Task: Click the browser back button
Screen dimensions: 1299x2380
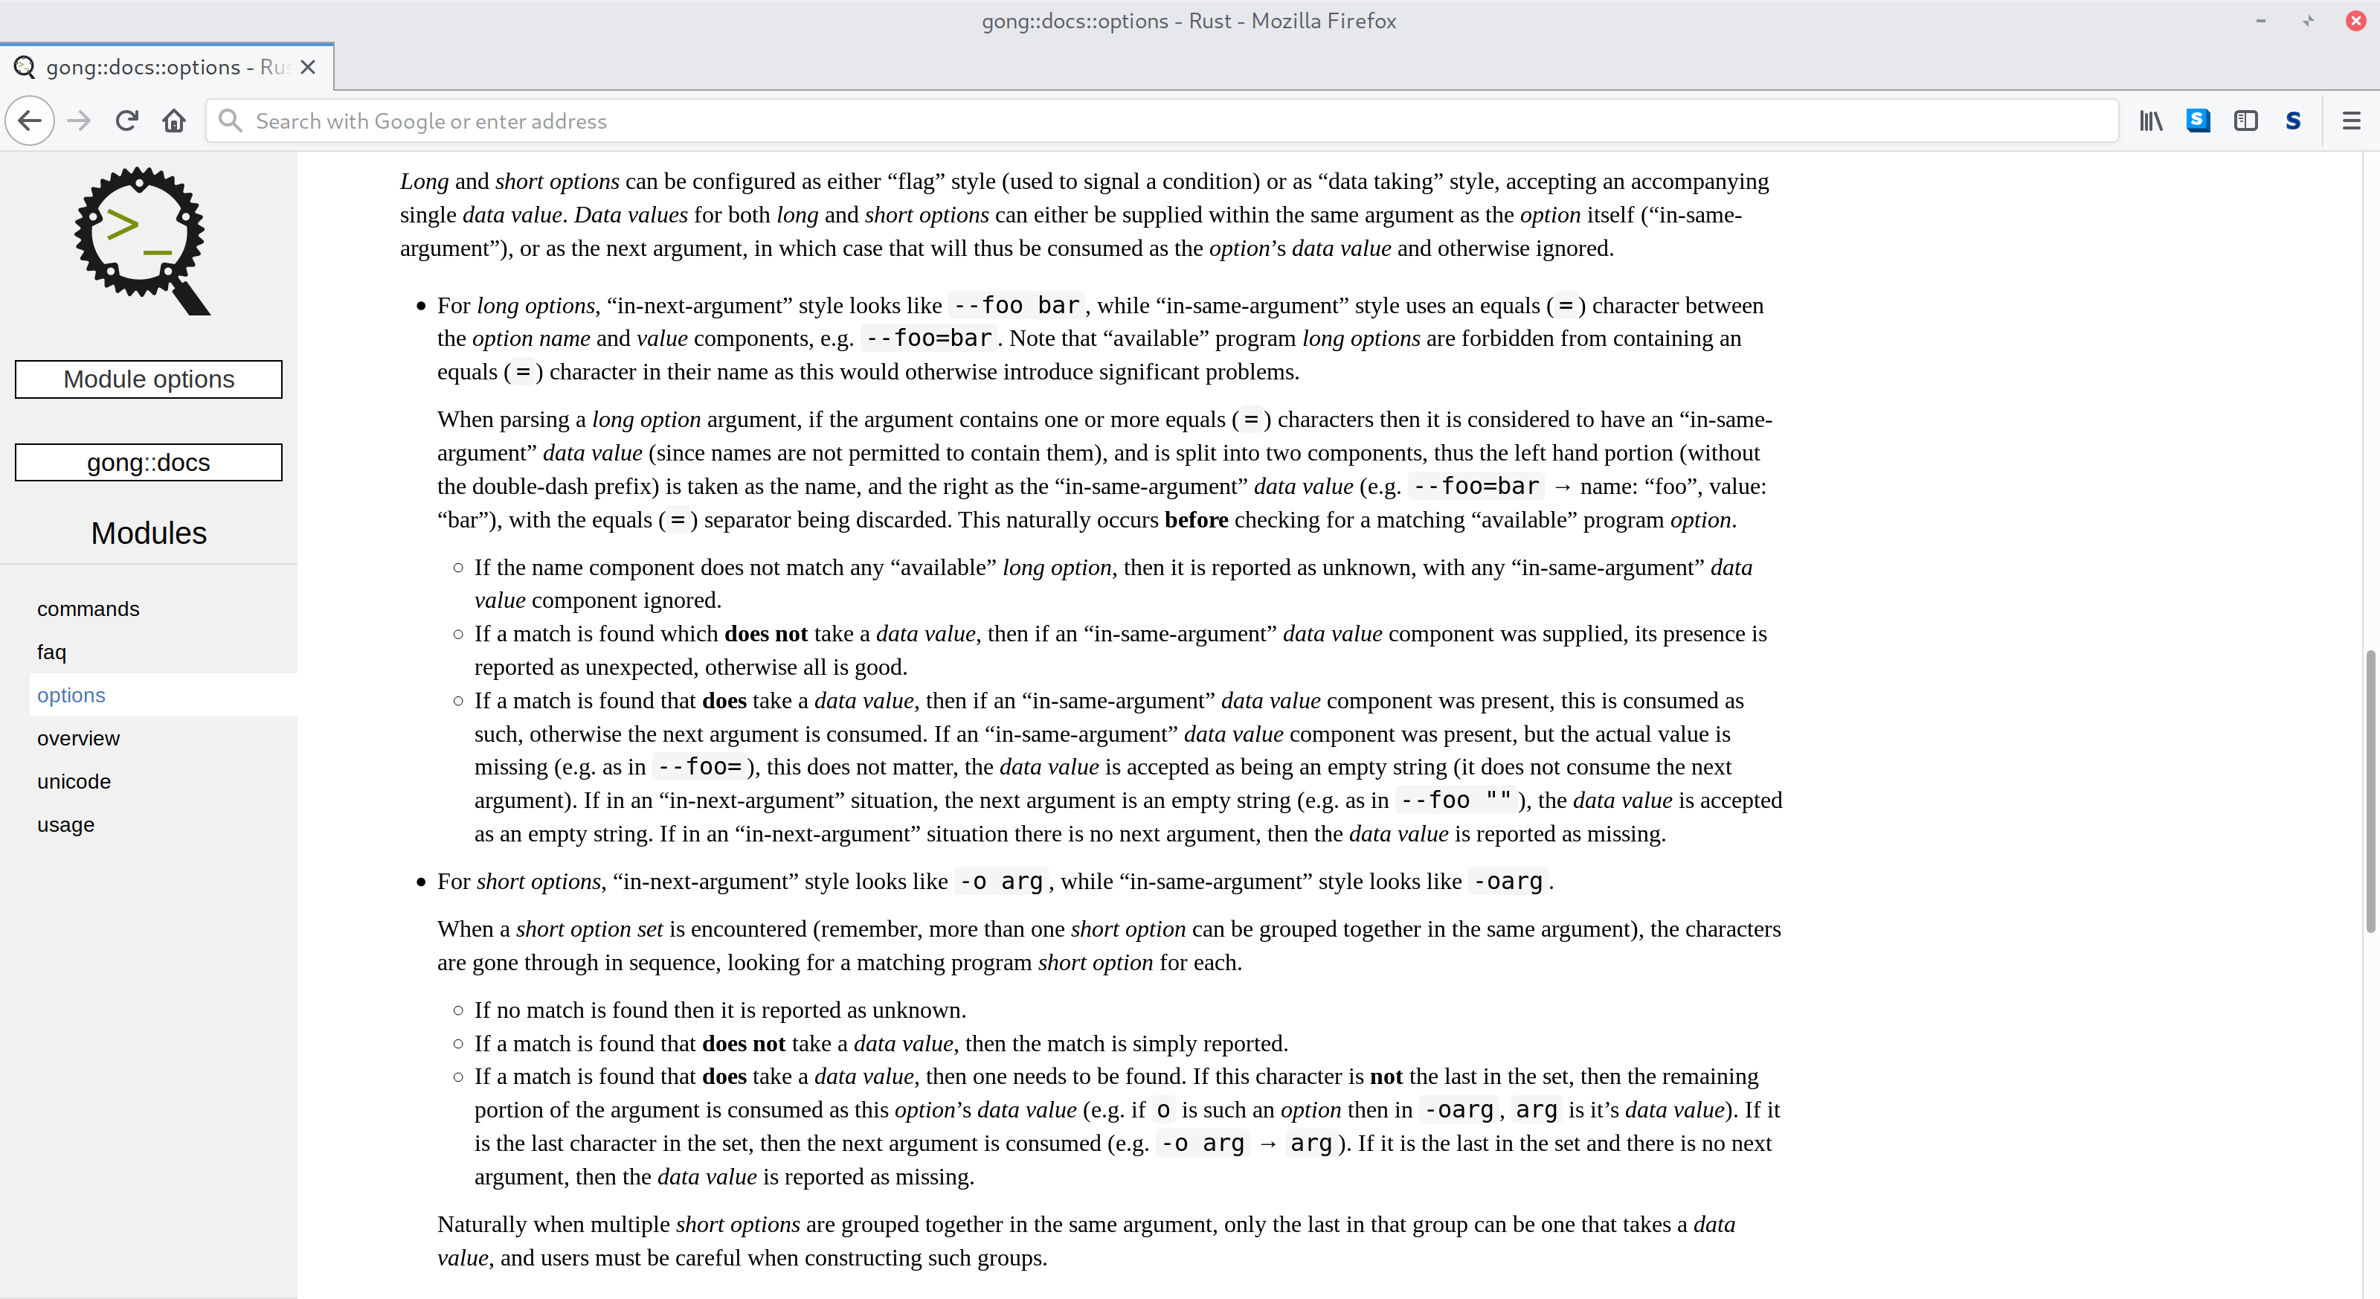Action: (30, 121)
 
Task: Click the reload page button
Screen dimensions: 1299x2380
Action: (126, 121)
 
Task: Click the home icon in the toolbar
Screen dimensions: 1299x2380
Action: (174, 121)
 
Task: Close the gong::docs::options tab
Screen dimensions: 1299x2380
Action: (309, 68)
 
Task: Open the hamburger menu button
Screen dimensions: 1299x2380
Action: (2350, 121)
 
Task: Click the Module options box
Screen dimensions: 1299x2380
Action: (149, 379)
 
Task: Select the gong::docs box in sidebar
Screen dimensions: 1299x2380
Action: (149, 462)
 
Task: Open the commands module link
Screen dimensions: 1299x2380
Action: (88, 609)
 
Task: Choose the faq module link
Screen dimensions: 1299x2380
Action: (52, 652)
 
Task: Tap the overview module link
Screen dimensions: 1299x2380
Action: (79, 738)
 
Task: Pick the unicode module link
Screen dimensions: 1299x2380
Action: (74, 782)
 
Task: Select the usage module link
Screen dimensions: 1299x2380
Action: (65, 824)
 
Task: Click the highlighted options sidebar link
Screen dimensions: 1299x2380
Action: (71, 695)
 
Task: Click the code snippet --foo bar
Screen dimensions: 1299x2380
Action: (1015, 305)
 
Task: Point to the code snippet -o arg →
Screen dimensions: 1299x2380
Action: (1202, 1144)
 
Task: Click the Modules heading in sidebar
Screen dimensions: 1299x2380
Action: (149, 533)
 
